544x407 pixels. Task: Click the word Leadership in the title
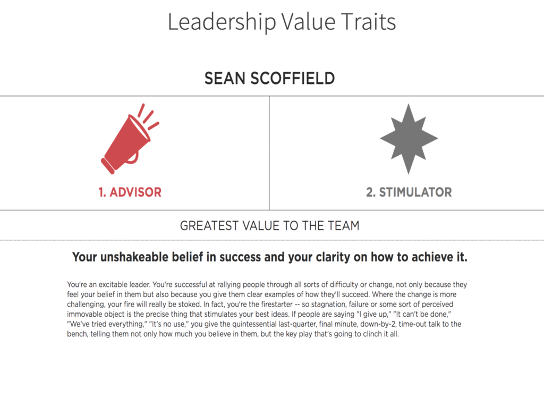click(222, 22)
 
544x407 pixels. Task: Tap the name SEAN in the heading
click(225, 79)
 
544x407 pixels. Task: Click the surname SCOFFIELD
click(293, 79)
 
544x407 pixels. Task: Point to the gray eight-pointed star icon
click(409, 139)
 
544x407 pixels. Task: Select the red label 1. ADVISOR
click(130, 192)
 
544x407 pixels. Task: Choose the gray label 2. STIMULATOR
click(409, 192)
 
